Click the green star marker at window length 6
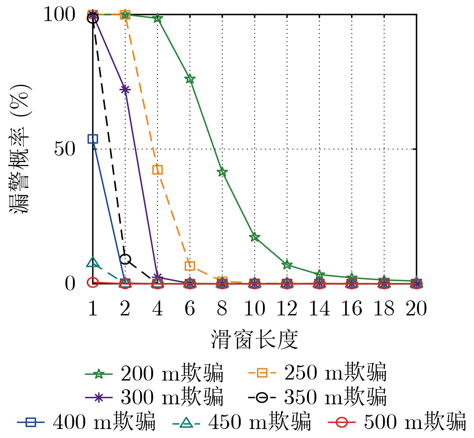[x=190, y=79]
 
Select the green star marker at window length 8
[x=222, y=172]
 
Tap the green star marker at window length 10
[x=255, y=237]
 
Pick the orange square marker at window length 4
[x=158, y=170]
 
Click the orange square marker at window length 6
[x=190, y=266]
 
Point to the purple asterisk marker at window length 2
[x=125, y=90]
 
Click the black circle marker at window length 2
[x=125, y=259]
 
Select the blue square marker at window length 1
[x=93, y=139]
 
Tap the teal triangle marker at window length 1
[x=93, y=263]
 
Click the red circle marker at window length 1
[x=93, y=282]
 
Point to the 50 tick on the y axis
[x=65, y=149]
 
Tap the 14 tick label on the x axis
[x=319, y=308]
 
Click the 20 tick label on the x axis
[x=416, y=308]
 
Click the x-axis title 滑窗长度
[x=254, y=339]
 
